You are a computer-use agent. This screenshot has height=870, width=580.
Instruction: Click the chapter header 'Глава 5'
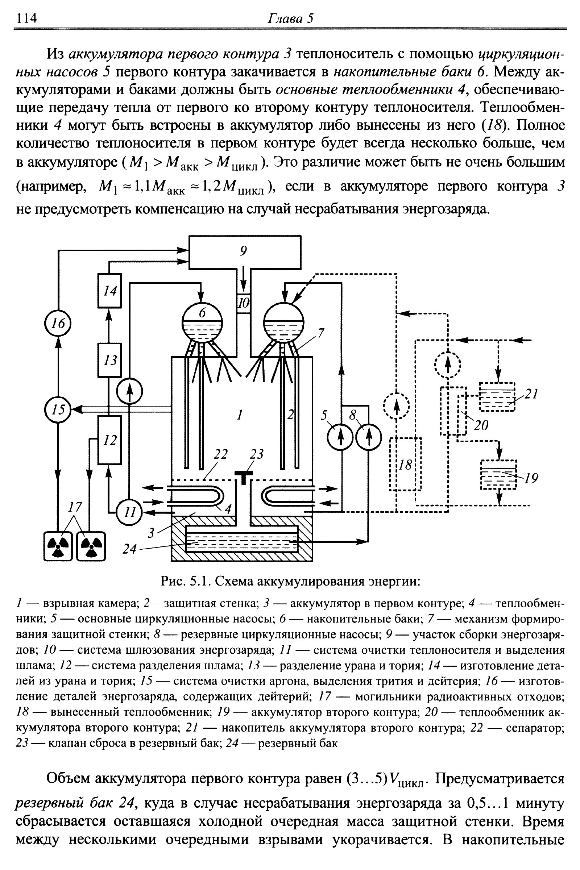pos(290,18)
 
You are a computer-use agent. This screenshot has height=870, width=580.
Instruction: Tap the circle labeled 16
pos(58,324)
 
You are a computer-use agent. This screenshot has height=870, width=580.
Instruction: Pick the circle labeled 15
pos(58,410)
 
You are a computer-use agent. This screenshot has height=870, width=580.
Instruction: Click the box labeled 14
pos(109,291)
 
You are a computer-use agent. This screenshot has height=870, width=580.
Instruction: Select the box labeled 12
pos(109,440)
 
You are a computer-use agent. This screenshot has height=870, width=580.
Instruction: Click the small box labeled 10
pos(243,303)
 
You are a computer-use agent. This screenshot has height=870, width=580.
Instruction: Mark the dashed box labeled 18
pos(405,464)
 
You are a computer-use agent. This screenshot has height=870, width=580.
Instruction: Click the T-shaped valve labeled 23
pos(243,476)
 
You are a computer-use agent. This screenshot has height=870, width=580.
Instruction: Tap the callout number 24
pos(129,549)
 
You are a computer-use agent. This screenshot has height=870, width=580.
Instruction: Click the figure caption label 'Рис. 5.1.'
pos(186,582)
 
